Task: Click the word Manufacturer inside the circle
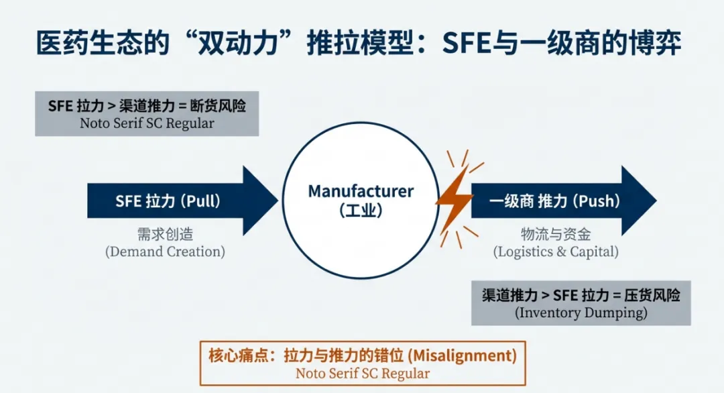[361, 191]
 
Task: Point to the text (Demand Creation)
[165, 252]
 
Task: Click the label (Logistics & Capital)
[556, 252]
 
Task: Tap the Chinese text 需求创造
[165, 235]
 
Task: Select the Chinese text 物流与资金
[556, 235]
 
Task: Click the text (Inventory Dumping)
[581, 313]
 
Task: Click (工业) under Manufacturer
[361, 211]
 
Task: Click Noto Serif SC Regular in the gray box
[147, 123]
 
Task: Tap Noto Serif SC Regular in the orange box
[362, 374]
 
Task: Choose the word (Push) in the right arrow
[597, 201]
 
